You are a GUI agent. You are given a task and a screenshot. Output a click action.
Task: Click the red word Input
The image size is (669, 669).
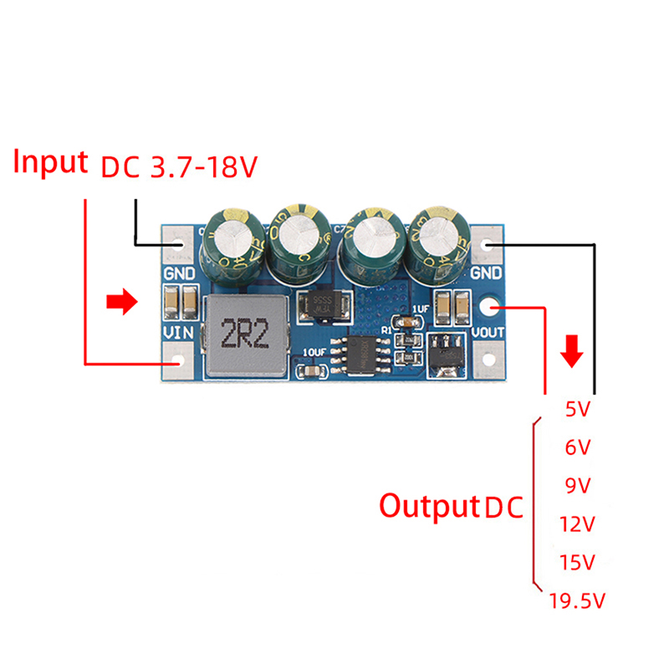click(x=50, y=161)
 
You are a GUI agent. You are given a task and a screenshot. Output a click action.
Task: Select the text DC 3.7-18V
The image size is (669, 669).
click(x=179, y=168)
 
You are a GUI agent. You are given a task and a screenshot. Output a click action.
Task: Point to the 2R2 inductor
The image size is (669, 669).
click(x=244, y=335)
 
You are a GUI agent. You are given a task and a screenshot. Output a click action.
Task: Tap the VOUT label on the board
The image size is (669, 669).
click(x=486, y=332)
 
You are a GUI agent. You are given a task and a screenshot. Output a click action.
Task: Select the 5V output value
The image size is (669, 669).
click(x=578, y=410)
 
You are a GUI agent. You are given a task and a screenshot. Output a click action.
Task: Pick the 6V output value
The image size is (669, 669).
click(x=578, y=447)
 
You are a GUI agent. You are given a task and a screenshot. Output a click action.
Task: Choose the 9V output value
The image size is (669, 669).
click(x=578, y=486)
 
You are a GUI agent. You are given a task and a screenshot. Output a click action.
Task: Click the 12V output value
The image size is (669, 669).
click(x=576, y=524)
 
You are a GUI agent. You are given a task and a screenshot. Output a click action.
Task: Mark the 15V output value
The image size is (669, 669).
click(x=576, y=562)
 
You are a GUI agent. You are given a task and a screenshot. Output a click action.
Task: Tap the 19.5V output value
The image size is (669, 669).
click(x=576, y=600)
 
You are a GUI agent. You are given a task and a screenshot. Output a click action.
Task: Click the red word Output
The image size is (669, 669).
click(x=428, y=506)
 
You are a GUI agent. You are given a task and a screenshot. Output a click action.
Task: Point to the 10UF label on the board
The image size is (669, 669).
click(x=316, y=352)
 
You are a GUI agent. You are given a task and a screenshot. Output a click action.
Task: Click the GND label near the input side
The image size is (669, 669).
click(x=179, y=273)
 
